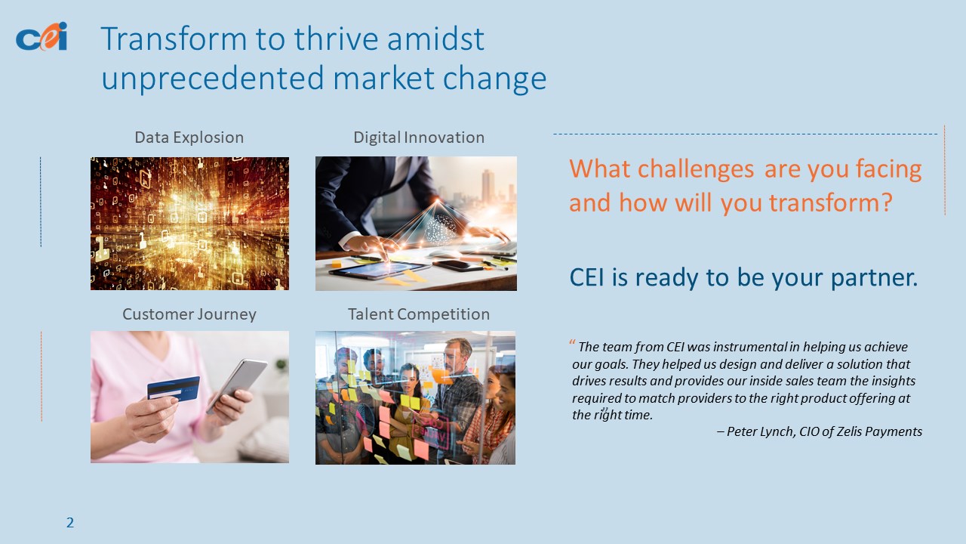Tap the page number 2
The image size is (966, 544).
point(70,523)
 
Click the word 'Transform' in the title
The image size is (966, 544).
point(174,39)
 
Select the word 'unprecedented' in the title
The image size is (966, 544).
point(213,79)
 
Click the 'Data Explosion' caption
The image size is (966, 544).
point(189,138)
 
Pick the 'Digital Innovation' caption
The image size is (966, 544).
point(419,138)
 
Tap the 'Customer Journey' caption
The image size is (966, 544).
point(189,314)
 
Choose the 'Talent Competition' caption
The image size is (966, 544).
point(419,314)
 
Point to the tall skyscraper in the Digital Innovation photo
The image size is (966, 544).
point(488,187)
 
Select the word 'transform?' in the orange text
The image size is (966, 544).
point(830,202)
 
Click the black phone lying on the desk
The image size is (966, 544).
point(457,265)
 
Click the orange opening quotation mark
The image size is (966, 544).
point(572,342)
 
